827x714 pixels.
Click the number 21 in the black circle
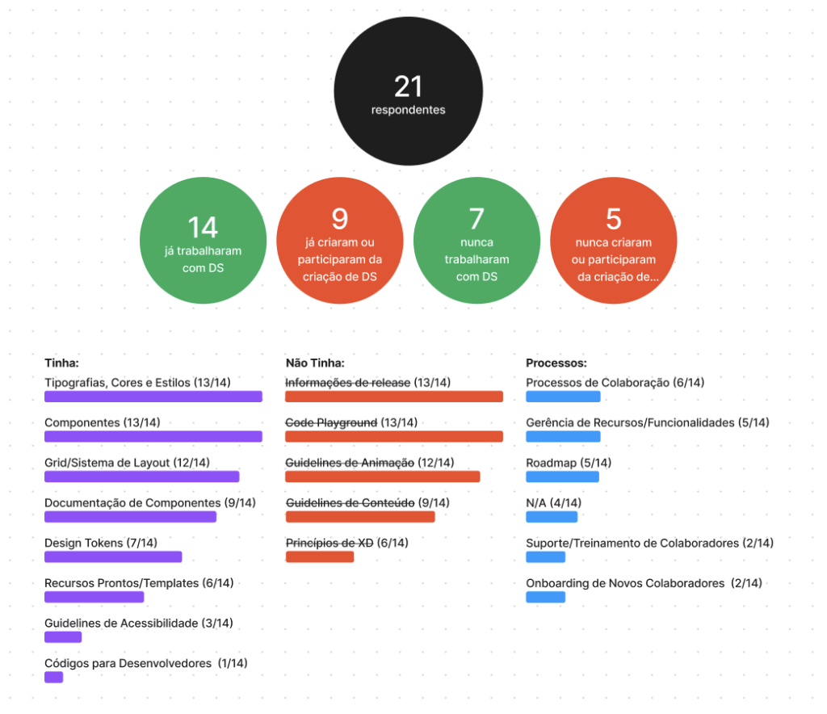[408, 86]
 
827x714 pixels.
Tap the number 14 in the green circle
[203, 227]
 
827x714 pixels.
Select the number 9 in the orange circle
[339, 219]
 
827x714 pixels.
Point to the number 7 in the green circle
[476, 219]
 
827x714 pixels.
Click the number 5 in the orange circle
[613, 219]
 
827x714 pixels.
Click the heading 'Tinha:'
[61, 363]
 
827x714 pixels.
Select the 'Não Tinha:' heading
[315, 363]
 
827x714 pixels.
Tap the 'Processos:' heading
[556, 363]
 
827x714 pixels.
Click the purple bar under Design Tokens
[113, 556]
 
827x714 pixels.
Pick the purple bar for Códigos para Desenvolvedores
[53, 677]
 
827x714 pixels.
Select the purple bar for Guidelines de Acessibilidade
[63, 637]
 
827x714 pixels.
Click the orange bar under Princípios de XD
[320, 556]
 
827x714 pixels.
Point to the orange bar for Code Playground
[394, 436]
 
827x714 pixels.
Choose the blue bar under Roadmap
[562, 477]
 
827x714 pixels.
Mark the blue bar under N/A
[552, 517]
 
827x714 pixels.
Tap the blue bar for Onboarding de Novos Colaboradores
[545, 597]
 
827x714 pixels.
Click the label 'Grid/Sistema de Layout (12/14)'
[127, 463]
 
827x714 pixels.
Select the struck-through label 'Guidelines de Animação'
[350, 463]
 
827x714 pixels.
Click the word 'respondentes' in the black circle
[408, 110]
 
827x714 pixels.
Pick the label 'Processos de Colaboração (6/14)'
[615, 383]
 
